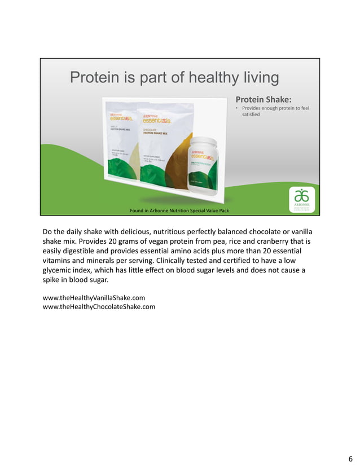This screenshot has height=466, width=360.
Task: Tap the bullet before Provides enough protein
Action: pyautogui.click(x=237, y=108)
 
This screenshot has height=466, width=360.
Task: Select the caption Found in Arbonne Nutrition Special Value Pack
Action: pyautogui.click(x=179, y=210)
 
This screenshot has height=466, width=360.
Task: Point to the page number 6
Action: pyautogui.click(x=350, y=458)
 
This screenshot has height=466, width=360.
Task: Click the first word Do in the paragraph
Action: pyautogui.click(x=48, y=231)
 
